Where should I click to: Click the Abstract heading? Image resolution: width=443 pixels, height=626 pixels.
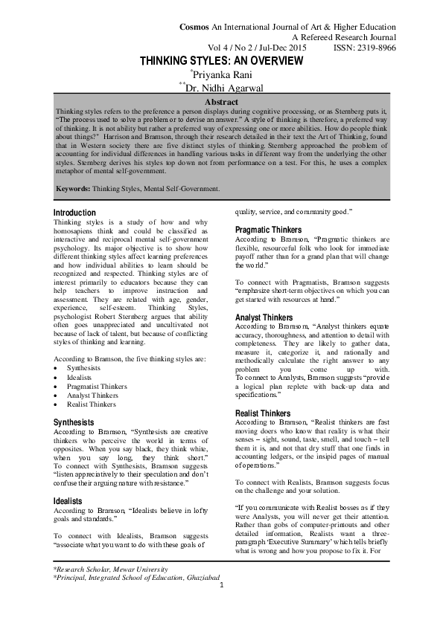click(x=221, y=101)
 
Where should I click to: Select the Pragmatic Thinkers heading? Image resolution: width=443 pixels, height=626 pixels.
click(x=268, y=230)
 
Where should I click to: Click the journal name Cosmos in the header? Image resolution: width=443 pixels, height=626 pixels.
click(x=194, y=27)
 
